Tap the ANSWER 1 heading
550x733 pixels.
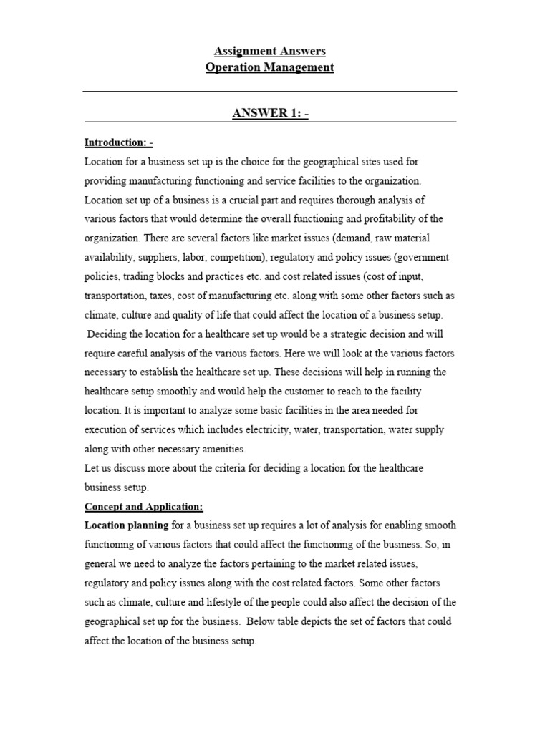pyautogui.click(x=269, y=114)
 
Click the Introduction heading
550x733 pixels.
pyautogui.click(x=118, y=142)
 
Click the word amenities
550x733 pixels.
pyautogui.click(x=221, y=449)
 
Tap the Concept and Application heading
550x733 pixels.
pyautogui.click(x=144, y=506)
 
